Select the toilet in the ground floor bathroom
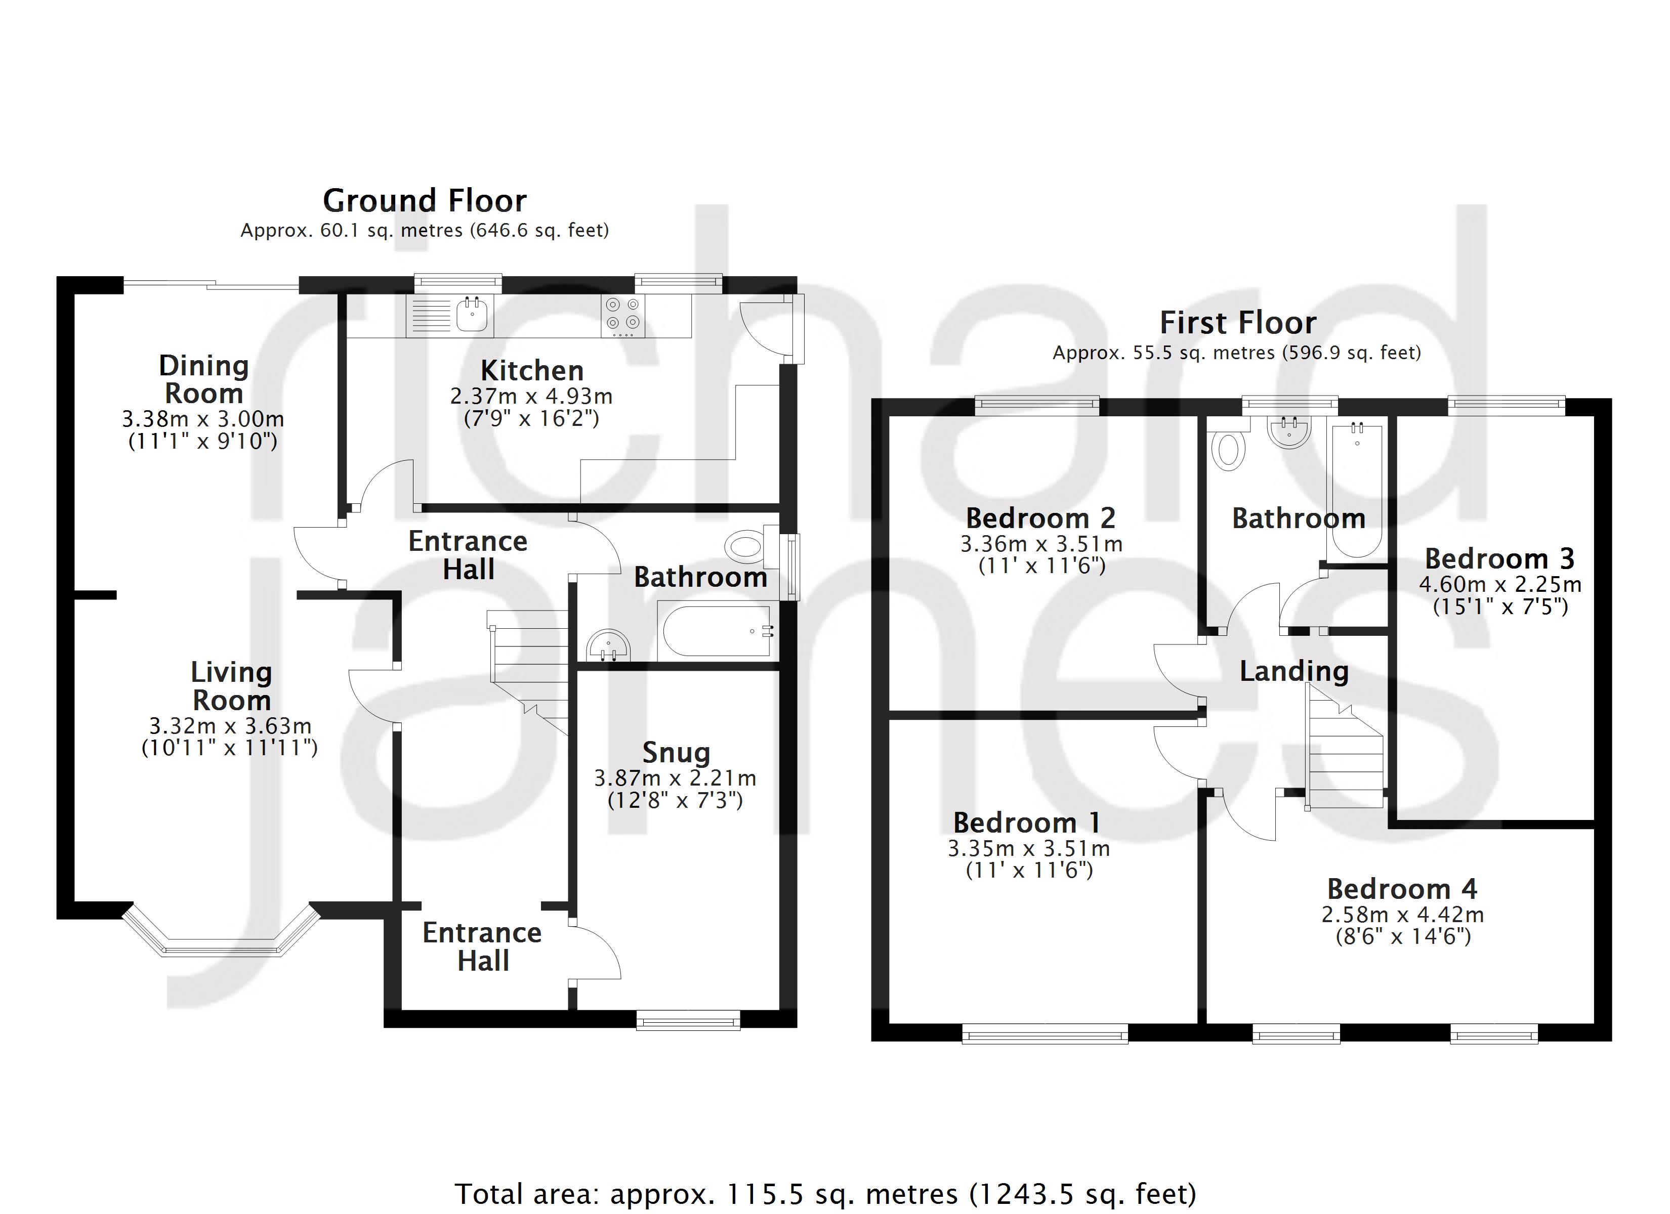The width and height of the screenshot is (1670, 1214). click(x=745, y=547)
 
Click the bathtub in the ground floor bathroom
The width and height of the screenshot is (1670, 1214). click(x=717, y=631)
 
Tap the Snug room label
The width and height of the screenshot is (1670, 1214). click(x=676, y=752)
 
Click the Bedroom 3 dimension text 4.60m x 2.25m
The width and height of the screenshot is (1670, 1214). click(x=1500, y=585)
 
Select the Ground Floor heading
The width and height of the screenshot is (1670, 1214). click(x=425, y=201)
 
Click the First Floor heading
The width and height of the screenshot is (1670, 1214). click(x=1238, y=323)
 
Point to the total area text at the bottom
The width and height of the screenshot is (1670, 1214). click(x=825, y=1193)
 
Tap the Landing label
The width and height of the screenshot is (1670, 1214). click(x=1293, y=671)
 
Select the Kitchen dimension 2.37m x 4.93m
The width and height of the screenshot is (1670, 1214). click(x=531, y=396)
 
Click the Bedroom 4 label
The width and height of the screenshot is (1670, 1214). click(x=1402, y=889)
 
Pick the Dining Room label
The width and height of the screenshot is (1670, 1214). click(x=204, y=379)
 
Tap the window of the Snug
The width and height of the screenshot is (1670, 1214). click(x=688, y=1020)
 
